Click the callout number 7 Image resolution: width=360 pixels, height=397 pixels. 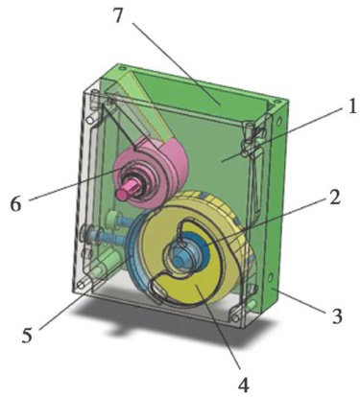coord(118,14)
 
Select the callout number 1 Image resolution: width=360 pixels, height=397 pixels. coord(351,106)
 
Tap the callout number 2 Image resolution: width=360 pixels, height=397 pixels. coord(334,198)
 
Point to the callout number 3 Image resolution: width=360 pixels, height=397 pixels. coord(336,315)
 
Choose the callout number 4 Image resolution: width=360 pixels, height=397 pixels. coord(244,385)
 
